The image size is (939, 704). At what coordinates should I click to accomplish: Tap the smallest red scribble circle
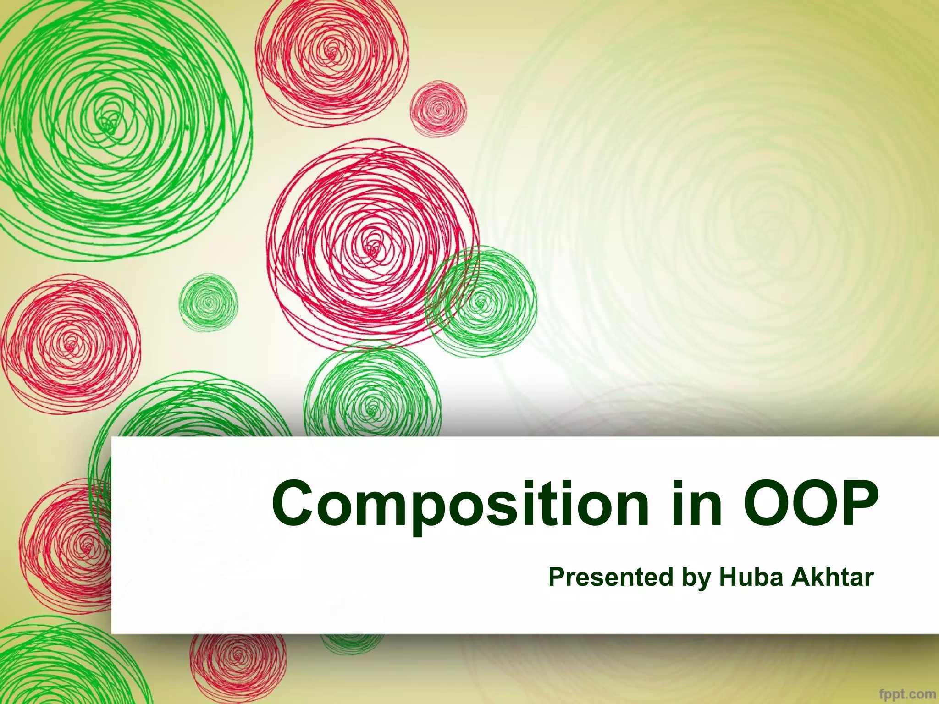(438, 110)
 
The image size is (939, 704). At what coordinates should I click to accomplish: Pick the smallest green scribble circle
(208, 302)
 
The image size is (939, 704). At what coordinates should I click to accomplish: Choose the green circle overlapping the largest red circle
(481, 302)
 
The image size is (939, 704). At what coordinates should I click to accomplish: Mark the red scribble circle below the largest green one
(70, 344)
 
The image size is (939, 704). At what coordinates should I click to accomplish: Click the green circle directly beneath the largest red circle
(372, 394)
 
